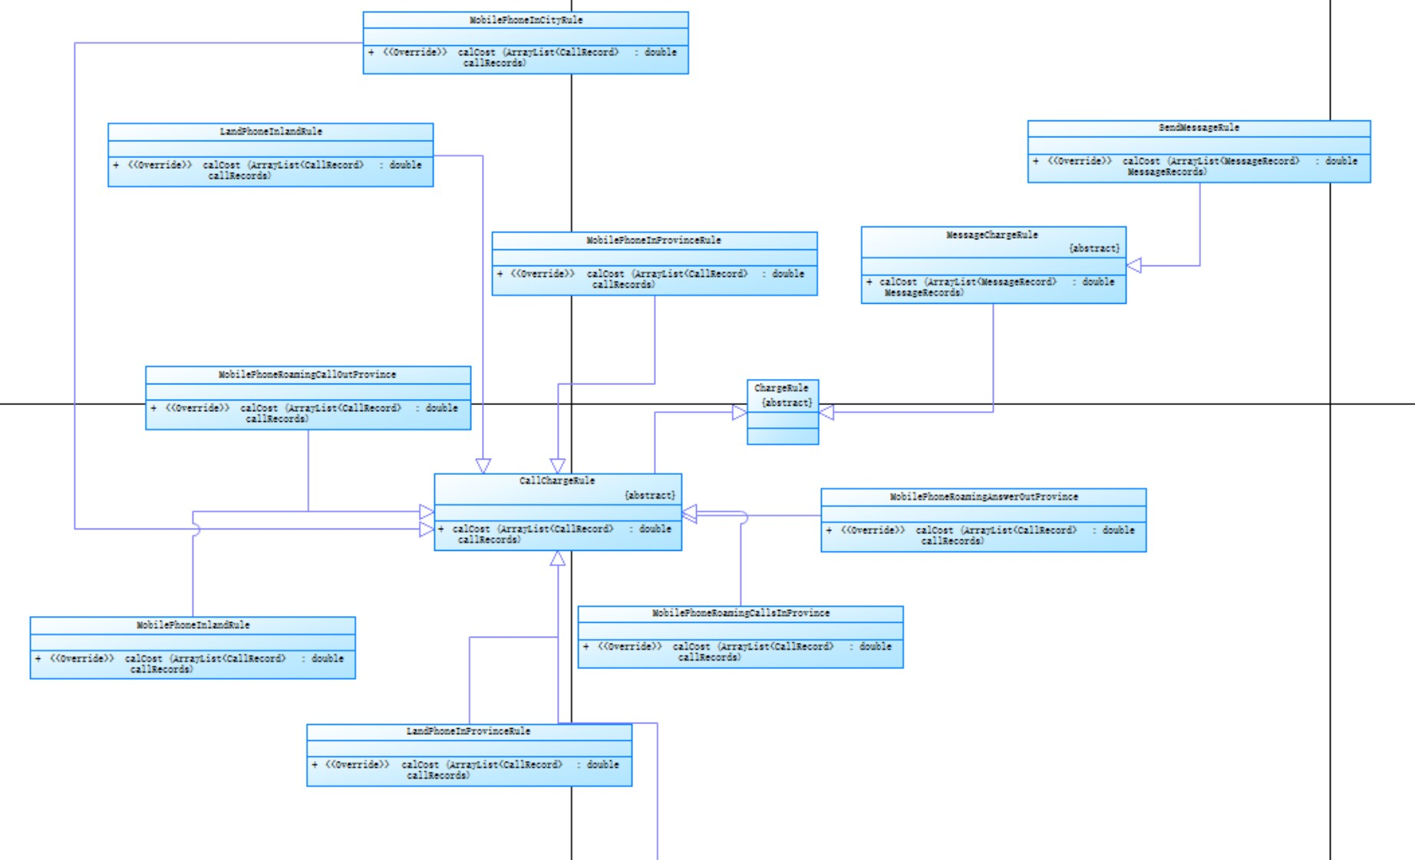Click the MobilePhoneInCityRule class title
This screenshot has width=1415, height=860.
click(526, 20)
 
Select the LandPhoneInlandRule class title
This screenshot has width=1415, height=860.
click(271, 132)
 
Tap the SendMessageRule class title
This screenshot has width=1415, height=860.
click(1199, 128)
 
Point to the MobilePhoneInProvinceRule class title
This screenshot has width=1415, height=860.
click(654, 241)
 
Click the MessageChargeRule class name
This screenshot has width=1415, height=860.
click(991, 236)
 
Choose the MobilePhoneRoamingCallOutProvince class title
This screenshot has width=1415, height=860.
click(307, 375)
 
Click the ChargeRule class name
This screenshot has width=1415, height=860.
click(781, 388)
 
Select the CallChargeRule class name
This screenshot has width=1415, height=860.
click(557, 481)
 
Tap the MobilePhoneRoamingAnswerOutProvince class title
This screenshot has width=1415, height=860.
click(984, 497)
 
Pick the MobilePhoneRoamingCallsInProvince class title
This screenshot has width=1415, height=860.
click(740, 614)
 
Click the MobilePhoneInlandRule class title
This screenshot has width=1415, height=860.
click(193, 625)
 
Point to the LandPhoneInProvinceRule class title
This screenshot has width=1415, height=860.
click(468, 732)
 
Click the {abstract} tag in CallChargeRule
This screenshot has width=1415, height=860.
click(650, 496)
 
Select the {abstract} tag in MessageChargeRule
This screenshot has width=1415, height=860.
click(1093, 249)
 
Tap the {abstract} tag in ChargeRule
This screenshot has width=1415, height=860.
click(787, 403)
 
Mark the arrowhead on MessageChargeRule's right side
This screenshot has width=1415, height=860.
click(1134, 265)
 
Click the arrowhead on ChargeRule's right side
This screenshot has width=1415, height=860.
click(826, 412)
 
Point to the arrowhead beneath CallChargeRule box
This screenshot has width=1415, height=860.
click(558, 559)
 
